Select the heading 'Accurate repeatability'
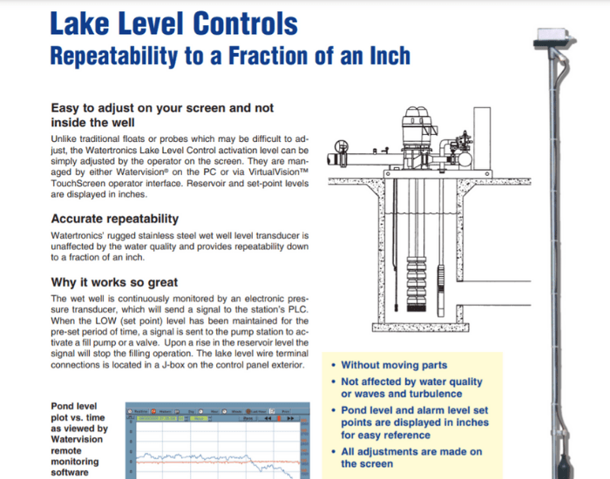(114, 219)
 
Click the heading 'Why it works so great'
(114, 282)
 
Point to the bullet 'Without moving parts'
(394, 365)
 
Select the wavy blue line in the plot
(200, 455)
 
